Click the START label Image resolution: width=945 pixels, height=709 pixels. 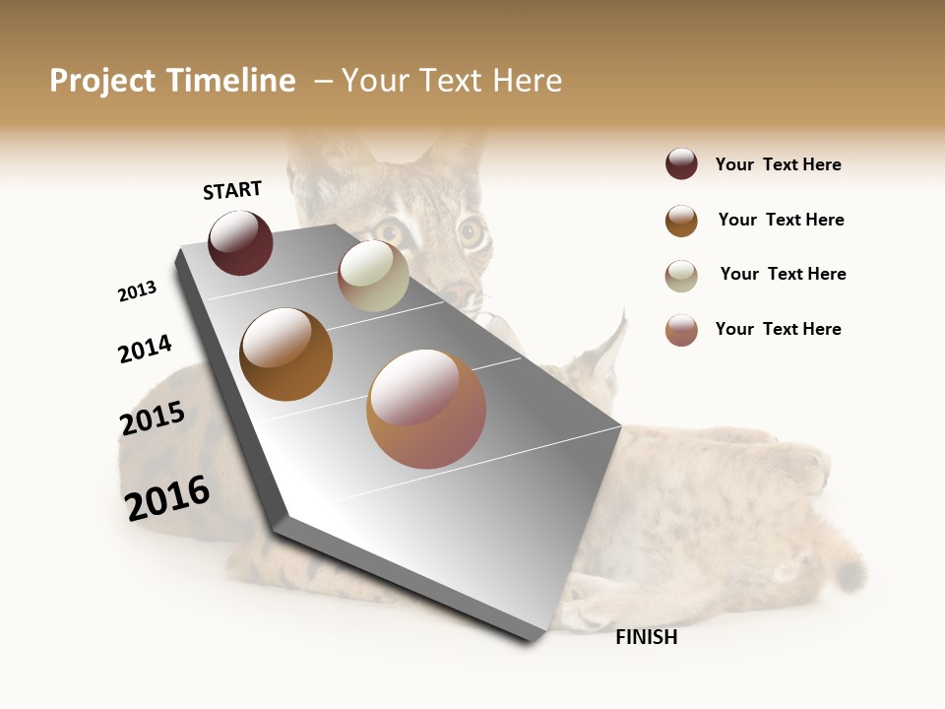(x=232, y=190)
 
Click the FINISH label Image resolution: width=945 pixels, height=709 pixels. (x=646, y=637)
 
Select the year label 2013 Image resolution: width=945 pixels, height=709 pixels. (x=137, y=291)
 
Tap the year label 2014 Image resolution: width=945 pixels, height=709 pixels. (x=145, y=349)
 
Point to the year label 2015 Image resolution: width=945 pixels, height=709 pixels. (x=153, y=419)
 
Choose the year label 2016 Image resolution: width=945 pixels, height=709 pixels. (x=167, y=497)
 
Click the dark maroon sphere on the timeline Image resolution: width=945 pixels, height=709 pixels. (x=240, y=242)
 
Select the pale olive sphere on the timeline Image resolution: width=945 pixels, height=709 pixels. (x=373, y=275)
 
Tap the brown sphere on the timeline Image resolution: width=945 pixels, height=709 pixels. (x=285, y=354)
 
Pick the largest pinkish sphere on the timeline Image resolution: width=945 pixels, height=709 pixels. (x=426, y=408)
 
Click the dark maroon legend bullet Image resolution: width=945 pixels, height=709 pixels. (x=681, y=163)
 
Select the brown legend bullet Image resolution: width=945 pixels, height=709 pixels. (x=681, y=221)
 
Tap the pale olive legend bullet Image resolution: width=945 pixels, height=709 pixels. (x=681, y=276)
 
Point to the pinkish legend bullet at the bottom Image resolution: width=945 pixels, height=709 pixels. (x=681, y=330)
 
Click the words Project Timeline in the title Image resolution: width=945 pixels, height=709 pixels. (x=172, y=81)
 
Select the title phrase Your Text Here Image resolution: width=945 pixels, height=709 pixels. (x=452, y=81)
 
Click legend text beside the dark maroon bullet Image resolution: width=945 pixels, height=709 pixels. (x=778, y=164)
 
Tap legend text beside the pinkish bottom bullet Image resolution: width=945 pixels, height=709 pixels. (x=778, y=329)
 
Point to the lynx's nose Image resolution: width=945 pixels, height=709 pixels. (x=459, y=292)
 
